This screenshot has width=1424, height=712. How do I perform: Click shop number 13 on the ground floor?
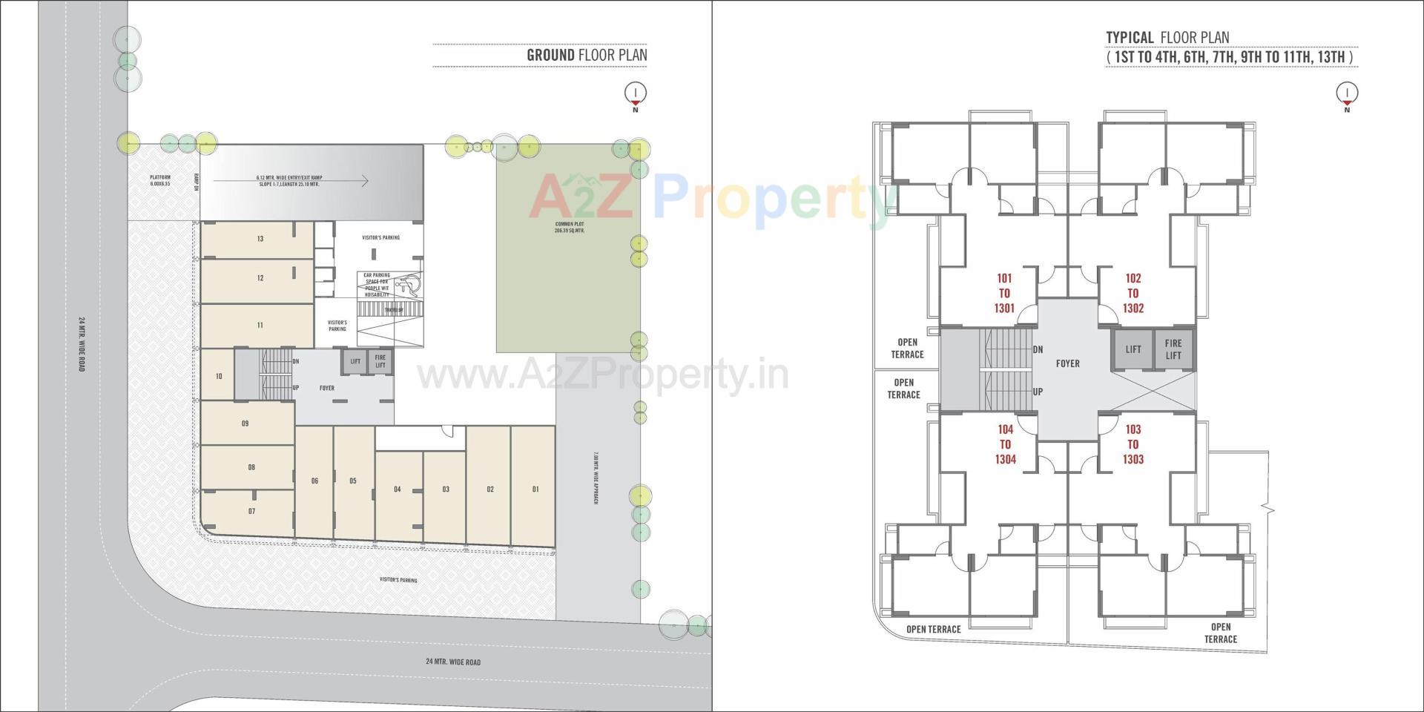point(260,239)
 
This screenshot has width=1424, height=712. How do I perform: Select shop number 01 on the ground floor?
point(535,489)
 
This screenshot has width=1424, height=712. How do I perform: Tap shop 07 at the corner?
point(252,511)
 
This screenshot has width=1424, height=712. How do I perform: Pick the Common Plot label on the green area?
point(570,227)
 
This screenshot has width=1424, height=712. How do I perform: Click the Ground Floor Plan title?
point(587,55)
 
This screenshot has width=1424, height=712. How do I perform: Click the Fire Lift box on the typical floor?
point(1173,349)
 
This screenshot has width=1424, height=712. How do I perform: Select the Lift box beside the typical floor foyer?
point(1133,349)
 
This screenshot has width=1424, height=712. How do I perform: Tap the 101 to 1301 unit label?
point(1004,293)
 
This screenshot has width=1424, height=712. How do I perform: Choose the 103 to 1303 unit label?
point(1133,444)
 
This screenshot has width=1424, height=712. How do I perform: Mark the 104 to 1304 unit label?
point(1005,444)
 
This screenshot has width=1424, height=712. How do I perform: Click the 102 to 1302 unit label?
point(1133,293)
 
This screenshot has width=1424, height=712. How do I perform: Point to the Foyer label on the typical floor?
point(1068,363)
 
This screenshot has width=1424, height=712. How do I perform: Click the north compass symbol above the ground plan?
point(636,93)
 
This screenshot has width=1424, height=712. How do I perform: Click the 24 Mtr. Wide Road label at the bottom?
point(453,662)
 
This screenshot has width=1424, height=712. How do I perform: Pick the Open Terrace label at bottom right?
point(1220,633)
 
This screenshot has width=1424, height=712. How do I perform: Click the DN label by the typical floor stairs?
point(1038,349)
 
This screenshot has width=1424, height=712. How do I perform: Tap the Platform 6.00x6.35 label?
point(160,180)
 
